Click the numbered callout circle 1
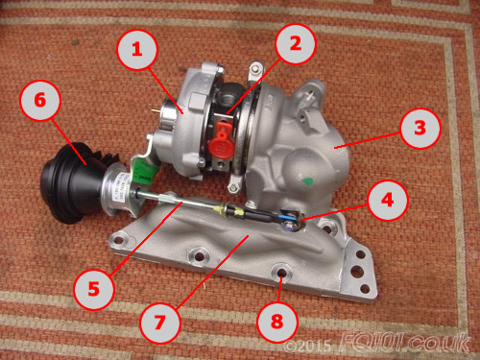pyautogui.click(x=137, y=50)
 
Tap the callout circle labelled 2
pyautogui.click(x=296, y=44)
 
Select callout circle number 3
pyautogui.click(x=420, y=128)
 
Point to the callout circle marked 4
pyautogui.click(x=388, y=201)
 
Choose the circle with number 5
pyautogui.click(x=94, y=289)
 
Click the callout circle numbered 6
pyautogui.click(x=40, y=100)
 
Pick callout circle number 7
pyautogui.click(x=160, y=323)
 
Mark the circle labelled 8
pyautogui.click(x=277, y=322)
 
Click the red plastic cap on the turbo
pyautogui.click(x=221, y=140)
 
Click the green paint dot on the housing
pyautogui.click(x=308, y=181)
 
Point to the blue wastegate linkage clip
pyautogui.click(x=290, y=218)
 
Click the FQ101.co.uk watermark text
pyautogui.click(x=405, y=343)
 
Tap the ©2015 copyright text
pyautogui.click(x=307, y=346)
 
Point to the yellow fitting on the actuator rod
pyautogui.click(x=220, y=210)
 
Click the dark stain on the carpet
pyautogui.click(x=75, y=42)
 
